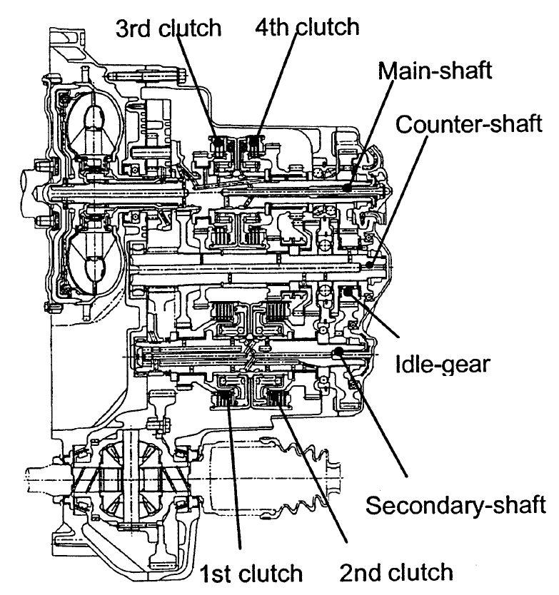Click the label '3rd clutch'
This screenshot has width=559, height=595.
click(169, 29)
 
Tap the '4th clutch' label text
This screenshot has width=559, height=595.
click(306, 27)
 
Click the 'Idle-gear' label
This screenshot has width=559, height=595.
click(442, 365)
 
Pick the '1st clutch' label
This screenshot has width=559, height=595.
click(251, 574)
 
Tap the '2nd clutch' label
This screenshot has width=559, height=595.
click(396, 571)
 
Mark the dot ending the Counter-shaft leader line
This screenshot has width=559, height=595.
click(368, 265)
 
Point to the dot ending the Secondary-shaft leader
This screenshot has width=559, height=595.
click(338, 352)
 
